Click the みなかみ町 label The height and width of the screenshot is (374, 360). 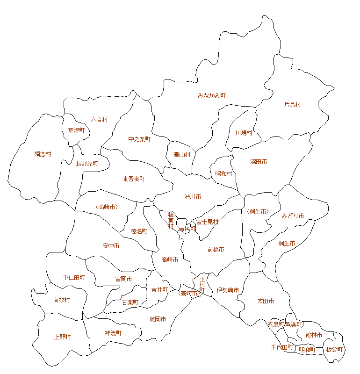(212, 95)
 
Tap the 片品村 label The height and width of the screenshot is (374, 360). (292, 105)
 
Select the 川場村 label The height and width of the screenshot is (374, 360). (244, 133)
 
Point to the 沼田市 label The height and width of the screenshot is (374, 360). (259, 162)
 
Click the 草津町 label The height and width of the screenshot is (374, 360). (76, 130)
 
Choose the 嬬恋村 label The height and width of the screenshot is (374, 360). (43, 154)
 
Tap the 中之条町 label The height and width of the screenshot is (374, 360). (139, 139)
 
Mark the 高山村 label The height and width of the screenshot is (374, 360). (182, 155)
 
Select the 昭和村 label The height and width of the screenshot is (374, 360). (223, 174)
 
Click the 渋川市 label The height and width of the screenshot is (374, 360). (193, 197)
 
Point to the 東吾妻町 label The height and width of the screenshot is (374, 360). (134, 179)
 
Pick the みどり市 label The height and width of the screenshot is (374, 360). (293, 216)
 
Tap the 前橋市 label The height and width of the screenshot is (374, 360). (216, 250)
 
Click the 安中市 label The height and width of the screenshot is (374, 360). (111, 246)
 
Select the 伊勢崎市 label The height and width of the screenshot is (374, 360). (228, 290)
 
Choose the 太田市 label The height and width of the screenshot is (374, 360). (266, 301)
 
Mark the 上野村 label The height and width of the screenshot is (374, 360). (63, 337)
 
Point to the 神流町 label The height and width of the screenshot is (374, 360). (113, 333)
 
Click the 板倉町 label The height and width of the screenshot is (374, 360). (334, 350)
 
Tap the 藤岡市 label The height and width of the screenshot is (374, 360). (158, 319)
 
